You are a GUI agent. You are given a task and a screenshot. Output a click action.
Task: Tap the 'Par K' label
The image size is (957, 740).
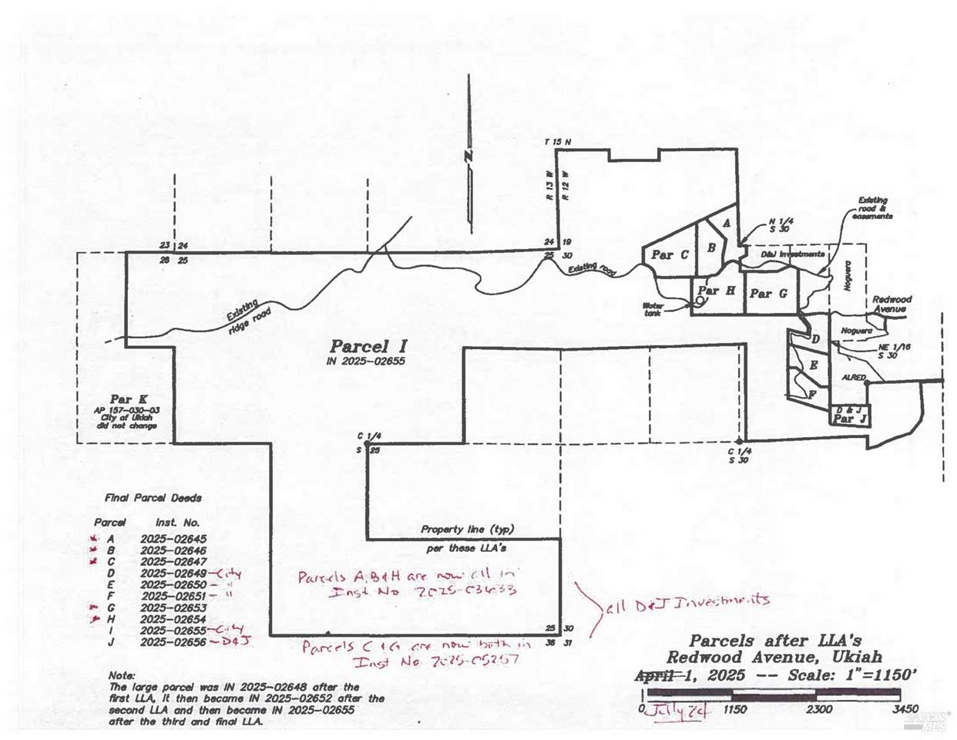pyautogui.click(x=126, y=399)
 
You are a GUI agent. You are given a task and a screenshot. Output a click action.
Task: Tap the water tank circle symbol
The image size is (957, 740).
pyautogui.click(x=698, y=302)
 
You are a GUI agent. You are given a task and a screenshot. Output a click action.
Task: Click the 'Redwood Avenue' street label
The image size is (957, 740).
pyautogui.click(x=892, y=304)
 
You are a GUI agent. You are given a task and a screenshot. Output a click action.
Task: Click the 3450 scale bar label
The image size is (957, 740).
pyautogui.click(x=905, y=708)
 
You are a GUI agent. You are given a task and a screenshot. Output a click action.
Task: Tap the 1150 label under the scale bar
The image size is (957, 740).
pyautogui.click(x=735, y=708)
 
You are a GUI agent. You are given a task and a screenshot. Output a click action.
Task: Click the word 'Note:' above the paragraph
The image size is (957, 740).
pyautogui.click(x=123, y=674)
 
